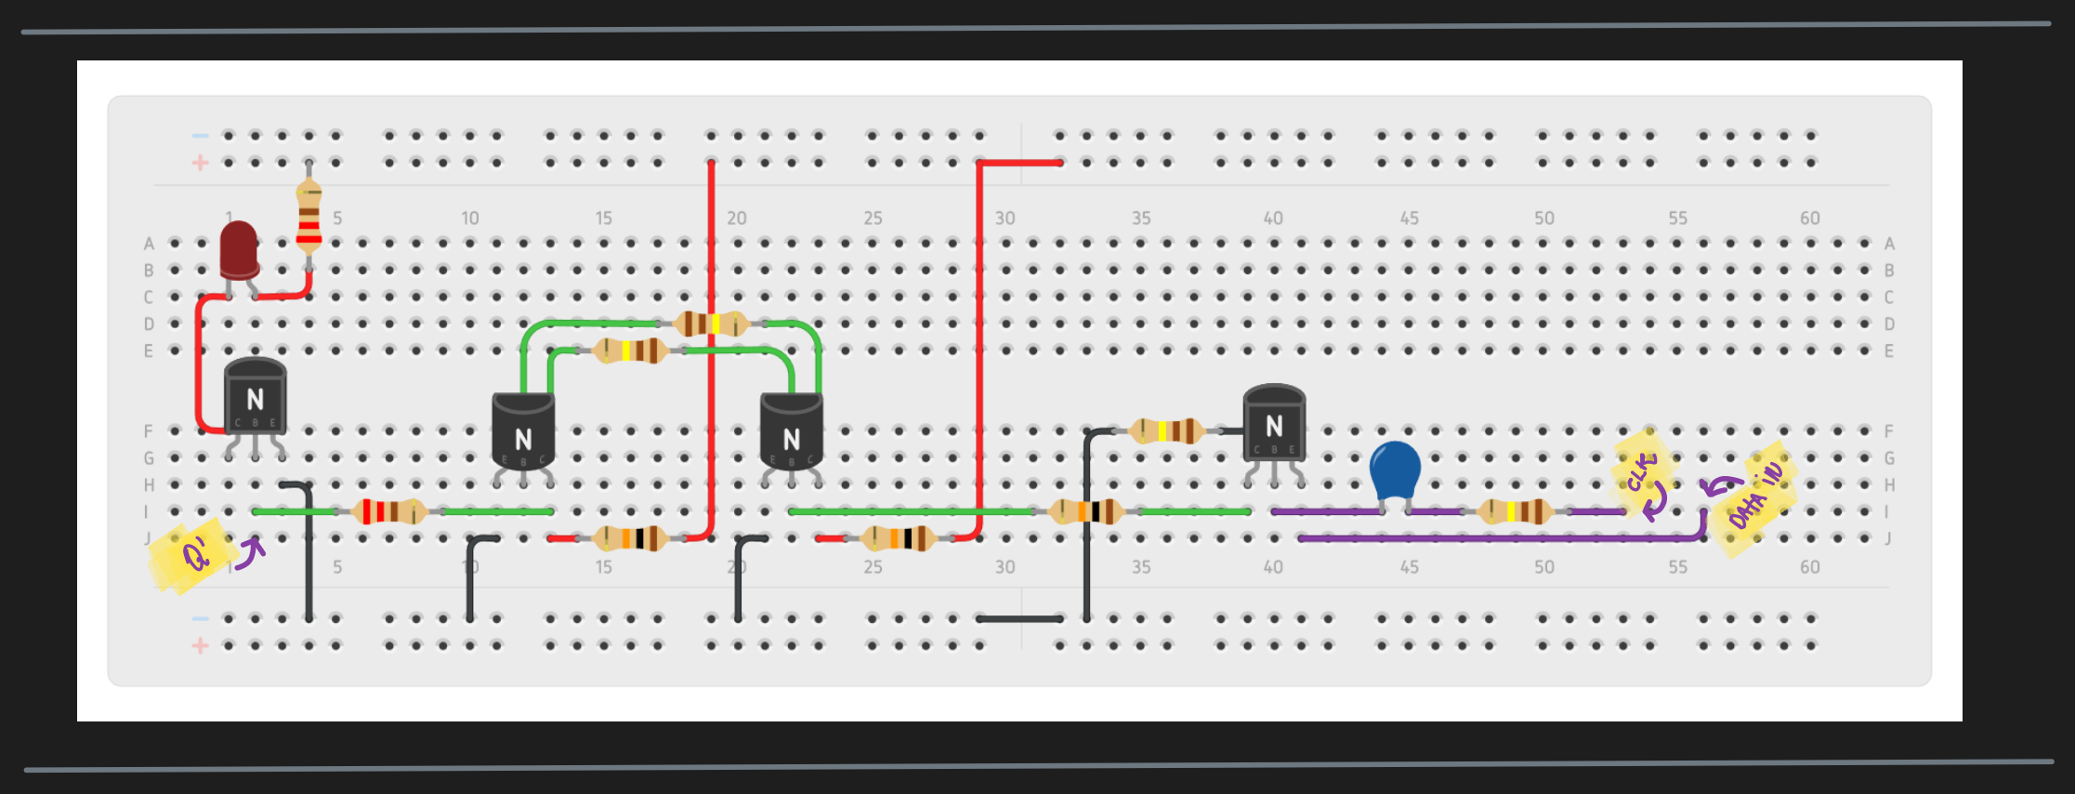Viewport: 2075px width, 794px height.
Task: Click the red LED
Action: tap(239, 249)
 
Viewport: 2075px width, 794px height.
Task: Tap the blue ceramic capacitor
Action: tap(1395, 470)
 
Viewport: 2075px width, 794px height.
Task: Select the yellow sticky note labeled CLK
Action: tap(1643, 472)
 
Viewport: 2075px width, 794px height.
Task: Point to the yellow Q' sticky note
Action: tap(191, 555)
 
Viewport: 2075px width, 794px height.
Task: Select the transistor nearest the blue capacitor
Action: tap(1274, 425)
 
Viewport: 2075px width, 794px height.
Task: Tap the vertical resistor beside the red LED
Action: tap(309, 217)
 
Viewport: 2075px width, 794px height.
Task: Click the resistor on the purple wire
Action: tap(1516, 511)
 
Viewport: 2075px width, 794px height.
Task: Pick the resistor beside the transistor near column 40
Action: tap(1167, 431)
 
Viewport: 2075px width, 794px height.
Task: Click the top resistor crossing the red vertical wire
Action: tap(712, 324)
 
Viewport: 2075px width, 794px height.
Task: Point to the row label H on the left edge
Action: tap(149, 485)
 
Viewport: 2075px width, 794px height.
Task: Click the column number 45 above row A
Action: tap(1409, 218)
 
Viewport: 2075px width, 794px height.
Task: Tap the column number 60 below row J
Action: tap(1809, 567)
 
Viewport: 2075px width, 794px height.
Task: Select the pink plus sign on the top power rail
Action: tap(200, 163)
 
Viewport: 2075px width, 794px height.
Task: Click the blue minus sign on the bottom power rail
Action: tap(200, 618)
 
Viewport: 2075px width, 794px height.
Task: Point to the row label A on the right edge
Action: tap(1889, 244)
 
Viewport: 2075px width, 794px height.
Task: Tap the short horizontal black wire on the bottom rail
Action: tap(1019, 618)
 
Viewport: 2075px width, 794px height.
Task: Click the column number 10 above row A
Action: tap(470, 218)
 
